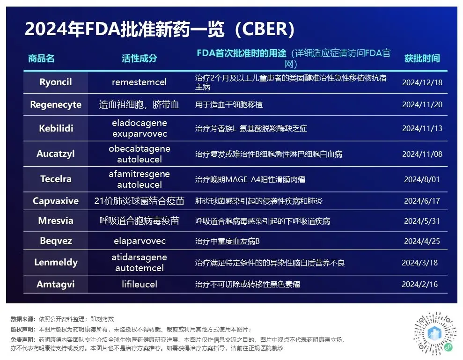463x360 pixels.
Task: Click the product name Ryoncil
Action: coord(56,82)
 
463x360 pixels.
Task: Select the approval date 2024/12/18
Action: coord(422,82)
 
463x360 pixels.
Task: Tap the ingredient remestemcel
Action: coord(139,82)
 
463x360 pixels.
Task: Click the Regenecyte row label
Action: coord(56,104)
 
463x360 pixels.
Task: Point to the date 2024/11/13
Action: coord(422,128)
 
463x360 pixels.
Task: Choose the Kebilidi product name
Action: coord(56,128)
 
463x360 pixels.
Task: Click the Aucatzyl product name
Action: coord(56,154)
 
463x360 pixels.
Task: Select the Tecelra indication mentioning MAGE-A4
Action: coord(250,179)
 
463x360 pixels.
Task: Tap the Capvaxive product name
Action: coord(56,201)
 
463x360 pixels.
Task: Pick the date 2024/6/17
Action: coord(422,201)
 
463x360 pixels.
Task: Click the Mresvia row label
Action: coord(56,220)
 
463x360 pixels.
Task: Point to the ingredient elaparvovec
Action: coord(140,241)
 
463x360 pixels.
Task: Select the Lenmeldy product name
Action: coord(56,263)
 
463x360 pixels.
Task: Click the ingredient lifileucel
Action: coord(140,284)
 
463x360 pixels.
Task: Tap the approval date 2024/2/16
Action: coord(419,285)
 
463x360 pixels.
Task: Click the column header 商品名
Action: coord(41,59)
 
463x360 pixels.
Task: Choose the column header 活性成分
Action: coord(140,59)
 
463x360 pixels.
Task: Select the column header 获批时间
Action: coord(422,59)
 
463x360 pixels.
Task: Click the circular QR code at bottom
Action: coord(434,333)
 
